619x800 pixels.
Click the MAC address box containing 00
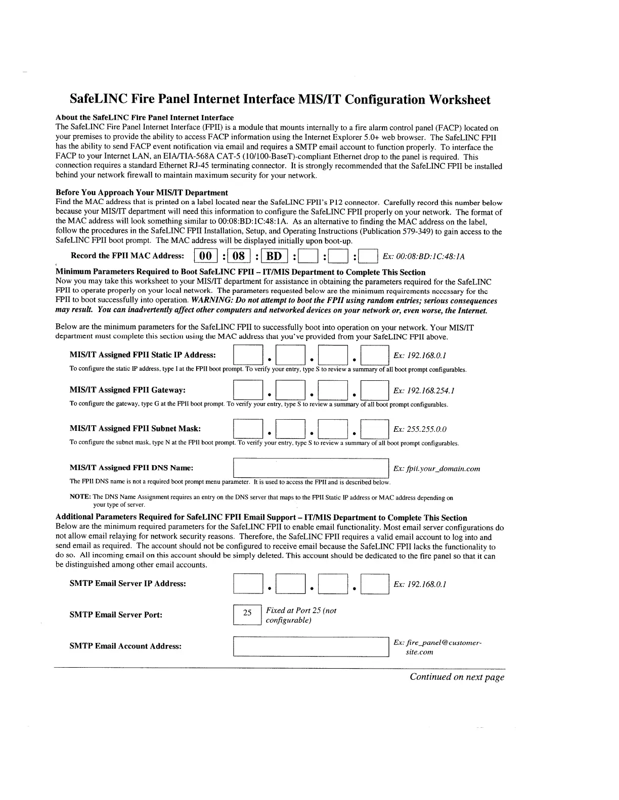point(206,257)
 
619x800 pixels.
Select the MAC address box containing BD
point(274,257)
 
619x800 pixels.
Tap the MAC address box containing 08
point(239,257)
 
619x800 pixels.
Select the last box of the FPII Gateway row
point(375,390)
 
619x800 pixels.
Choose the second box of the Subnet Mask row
point(290,429)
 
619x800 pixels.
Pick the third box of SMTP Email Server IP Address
point(333,584)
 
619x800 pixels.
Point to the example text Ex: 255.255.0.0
point(420,430)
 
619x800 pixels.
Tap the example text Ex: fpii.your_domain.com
point(436,469)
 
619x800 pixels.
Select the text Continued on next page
point(457,677)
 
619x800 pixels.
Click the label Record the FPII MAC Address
point(127,256)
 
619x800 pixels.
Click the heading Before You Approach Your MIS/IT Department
point(142,192)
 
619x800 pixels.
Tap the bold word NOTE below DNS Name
point(79,497)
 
